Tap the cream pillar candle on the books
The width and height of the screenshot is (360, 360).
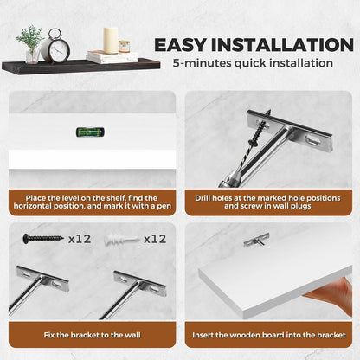tap(111, 41)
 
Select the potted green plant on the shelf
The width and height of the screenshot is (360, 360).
tap(30, 44)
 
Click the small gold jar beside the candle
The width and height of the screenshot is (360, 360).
tap(124, 47)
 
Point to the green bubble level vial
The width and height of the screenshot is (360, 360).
tap(90, 132)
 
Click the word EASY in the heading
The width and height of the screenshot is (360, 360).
tap(180, 45)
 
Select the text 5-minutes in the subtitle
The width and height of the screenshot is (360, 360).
tap(202, 63)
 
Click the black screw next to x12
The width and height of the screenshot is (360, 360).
tap(43, 239)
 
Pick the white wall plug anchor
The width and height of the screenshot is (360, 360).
tap(121, 240)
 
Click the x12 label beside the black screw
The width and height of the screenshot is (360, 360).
tap(80, 239)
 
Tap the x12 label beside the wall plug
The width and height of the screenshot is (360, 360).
tap(155, 239)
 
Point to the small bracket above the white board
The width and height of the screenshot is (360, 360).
tap(256, 241)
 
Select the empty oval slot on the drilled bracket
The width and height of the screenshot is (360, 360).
tap(313, 141)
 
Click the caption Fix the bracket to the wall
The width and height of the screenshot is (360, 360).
tap(93, 335)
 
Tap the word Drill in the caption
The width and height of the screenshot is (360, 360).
tap(202, 198)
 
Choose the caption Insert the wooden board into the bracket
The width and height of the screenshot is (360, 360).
tap(269, 335)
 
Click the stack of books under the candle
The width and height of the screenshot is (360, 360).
tap(112, 57)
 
